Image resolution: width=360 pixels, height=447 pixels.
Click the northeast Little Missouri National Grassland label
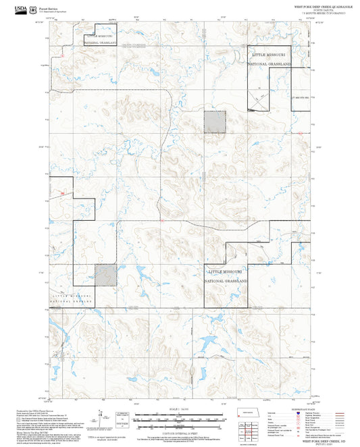point(270,58)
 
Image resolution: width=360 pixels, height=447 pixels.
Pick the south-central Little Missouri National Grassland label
point(226,275)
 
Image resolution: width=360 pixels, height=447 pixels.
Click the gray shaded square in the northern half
point(215,122)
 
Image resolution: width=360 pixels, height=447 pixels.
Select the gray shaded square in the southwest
point(105,275)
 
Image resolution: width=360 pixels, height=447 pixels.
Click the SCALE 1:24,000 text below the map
point(180,409)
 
